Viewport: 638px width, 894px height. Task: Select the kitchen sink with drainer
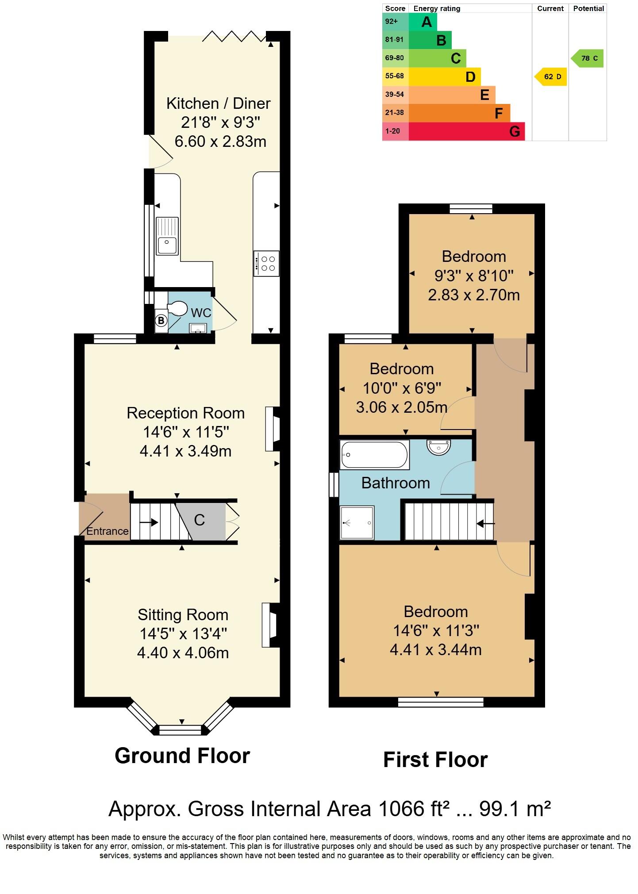pyautogui.click(x=167, y=236)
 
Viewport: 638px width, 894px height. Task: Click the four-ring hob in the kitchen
pyautogui.click(x=267, y=264)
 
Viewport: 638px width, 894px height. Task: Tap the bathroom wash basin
pyautogui.click(x=438, y=447)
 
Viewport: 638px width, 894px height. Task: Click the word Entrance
pyautogui.click(x=107, y=531)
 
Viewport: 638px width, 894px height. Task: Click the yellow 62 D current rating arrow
pyautogui.click(x=551, y=77)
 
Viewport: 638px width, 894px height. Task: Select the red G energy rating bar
pyautogui.click(x=466, y=131)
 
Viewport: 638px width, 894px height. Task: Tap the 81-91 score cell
pyautogui.click(x=395, y=40)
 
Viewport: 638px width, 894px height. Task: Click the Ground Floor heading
pyautogui.click(x=182, y=756)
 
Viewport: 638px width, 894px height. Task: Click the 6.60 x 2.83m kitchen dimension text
pyautogui.click(x=220, y=142)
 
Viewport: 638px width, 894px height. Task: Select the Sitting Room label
pyautogui.click(x=183, y=614)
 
